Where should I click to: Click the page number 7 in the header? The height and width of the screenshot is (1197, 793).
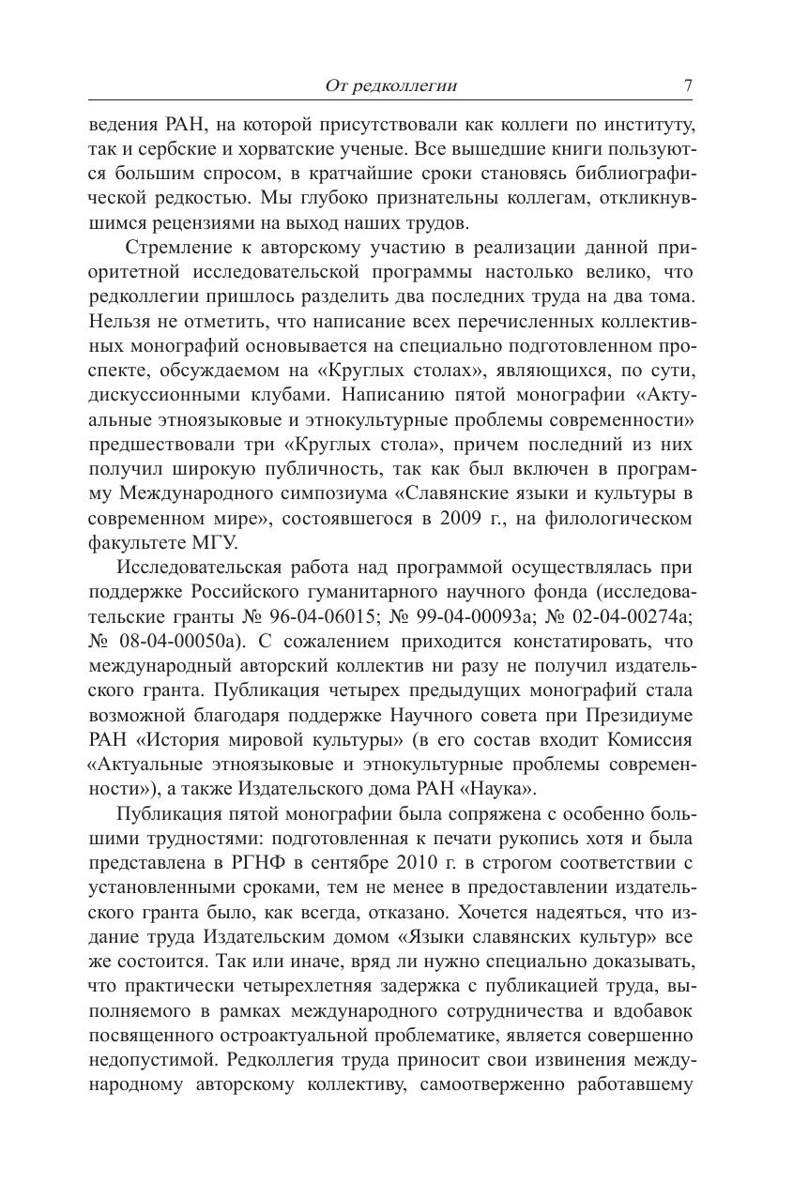click(688, 85)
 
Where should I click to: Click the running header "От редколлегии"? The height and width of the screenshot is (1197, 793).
click(390, 86)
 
